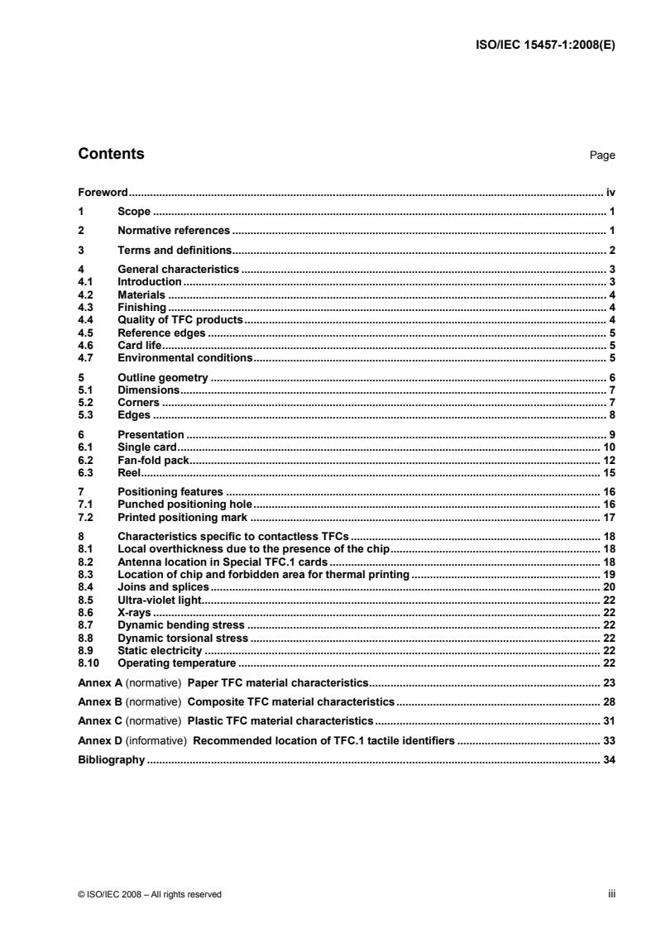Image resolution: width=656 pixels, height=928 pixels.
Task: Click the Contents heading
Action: (111, 154)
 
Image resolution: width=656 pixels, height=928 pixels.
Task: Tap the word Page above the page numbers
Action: (602, 155)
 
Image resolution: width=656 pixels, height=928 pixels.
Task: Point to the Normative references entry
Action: (174, 231)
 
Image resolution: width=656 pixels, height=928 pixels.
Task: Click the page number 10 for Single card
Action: (609, 447)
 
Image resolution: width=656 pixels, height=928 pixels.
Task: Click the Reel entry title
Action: (128, 472)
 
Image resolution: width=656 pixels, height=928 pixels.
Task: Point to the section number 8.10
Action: (89, 663)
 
